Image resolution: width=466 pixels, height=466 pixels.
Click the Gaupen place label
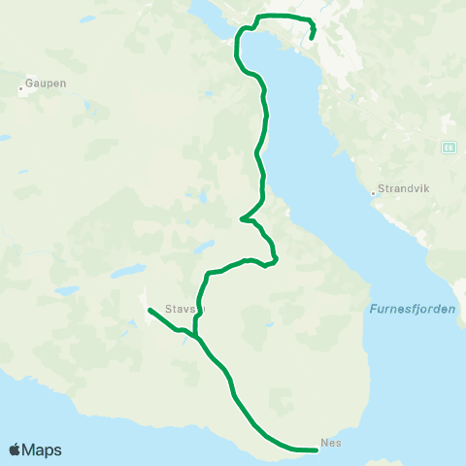(x=47, y=83)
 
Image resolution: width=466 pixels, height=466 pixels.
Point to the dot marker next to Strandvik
(x=373, y=192)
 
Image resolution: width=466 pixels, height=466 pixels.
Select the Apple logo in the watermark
(x=15, y=450)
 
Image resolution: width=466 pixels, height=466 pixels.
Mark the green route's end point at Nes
(x=317, y=449)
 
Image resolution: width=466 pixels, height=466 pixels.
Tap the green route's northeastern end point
(x=312, y=39)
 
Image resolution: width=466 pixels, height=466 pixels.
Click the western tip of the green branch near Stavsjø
(x=149, y=310)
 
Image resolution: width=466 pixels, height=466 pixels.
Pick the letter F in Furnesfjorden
(x=373, y=310)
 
